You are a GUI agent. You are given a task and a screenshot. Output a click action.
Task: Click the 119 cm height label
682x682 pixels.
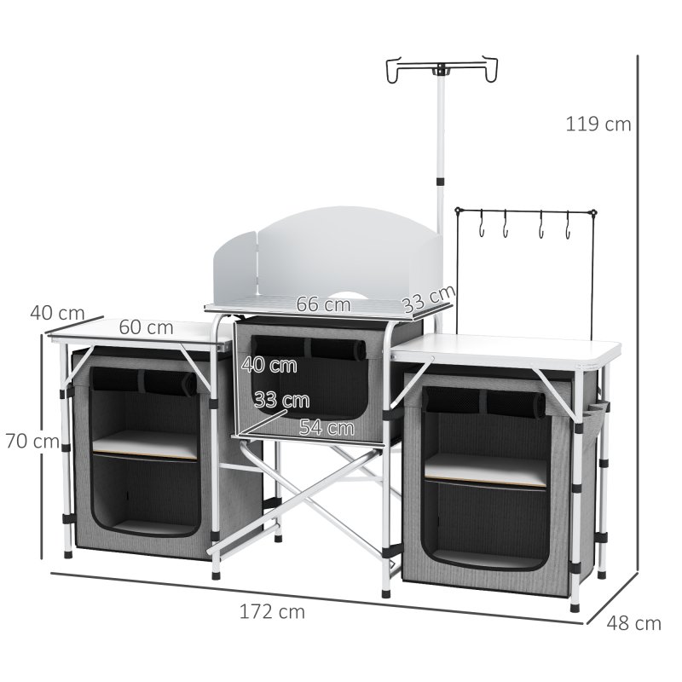[x=598, y=124]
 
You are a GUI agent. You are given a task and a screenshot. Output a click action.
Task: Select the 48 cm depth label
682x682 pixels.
[x=633, y=623]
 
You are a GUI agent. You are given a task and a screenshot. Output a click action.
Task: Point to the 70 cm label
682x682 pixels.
[x=32, y=442]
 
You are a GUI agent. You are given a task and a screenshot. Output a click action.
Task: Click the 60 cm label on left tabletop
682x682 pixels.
[x=146, y=327]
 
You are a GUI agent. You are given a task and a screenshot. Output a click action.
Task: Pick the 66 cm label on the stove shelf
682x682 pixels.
[x=324, y=303]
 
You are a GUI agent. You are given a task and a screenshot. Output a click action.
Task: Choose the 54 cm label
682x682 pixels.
[x=327, y=428]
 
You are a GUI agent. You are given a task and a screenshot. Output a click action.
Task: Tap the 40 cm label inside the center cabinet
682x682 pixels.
[x=269, y=366]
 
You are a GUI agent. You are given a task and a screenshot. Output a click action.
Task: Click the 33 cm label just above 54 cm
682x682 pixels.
[x=281, y=401]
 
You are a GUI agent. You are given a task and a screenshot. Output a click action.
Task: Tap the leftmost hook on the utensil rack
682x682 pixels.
[x=482, y=228]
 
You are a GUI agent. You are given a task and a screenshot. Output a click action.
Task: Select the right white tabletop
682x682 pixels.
[x=511, y=348]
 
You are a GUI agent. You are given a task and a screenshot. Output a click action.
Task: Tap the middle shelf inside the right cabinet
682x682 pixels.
[x=486, y=470]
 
